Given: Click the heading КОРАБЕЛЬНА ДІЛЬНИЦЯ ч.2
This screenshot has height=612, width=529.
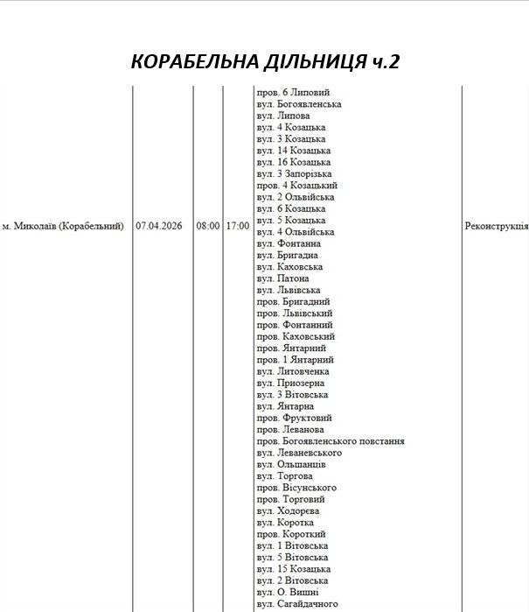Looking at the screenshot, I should (264, 61).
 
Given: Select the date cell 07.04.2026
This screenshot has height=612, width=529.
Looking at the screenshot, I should (159, 226).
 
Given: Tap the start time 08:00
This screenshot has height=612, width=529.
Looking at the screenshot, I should (208, 226).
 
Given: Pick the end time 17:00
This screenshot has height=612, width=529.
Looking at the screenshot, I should (237, 226).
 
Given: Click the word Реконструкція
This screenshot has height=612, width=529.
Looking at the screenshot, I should (496, 226).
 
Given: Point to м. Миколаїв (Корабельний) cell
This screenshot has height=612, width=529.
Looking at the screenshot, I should (63, 226).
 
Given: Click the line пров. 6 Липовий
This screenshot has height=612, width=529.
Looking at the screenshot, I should (293, 93).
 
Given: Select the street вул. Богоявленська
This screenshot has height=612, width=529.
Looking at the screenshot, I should (299, 104).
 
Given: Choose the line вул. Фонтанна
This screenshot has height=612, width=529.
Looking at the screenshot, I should (289, 243).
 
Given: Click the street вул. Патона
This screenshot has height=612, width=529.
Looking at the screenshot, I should (283, 278).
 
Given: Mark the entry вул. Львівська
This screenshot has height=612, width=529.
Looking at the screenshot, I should (289, 290).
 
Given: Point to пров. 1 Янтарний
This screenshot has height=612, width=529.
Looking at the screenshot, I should (296, 360).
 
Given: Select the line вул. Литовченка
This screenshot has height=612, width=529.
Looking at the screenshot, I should (293, 371).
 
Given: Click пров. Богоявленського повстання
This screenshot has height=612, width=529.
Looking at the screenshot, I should (331, 441).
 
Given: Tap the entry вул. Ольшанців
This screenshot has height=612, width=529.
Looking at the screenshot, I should (291, 464).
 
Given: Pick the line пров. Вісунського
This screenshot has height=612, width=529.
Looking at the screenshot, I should (296, 488).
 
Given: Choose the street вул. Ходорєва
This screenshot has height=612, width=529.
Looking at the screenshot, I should (289, 510).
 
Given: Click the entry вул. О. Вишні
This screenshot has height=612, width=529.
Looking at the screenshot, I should (287, 592).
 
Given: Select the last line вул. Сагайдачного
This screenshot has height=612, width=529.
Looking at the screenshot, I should (297, 604).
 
